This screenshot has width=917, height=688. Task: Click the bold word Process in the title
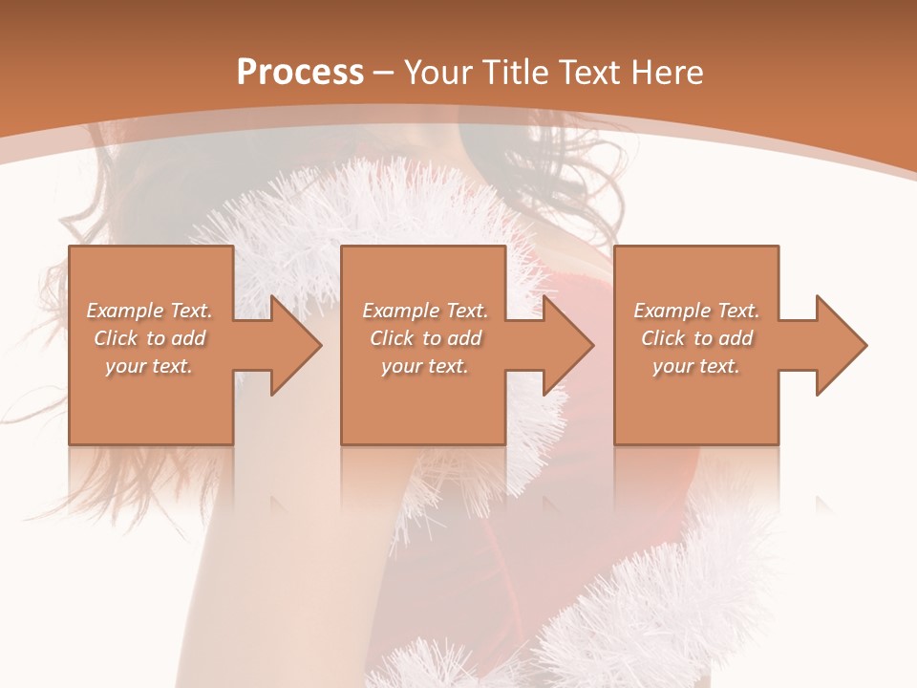pos(300,73)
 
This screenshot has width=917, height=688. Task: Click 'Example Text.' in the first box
pos(150,311)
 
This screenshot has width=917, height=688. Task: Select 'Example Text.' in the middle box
pos(425,311)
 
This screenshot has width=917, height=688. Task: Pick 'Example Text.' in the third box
pos(696,311)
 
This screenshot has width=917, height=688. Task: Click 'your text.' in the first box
pos(149,366)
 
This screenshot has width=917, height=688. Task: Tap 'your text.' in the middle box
pos(425,366)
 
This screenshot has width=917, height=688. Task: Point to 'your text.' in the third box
pos(696,366)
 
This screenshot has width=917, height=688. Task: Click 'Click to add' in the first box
pos(150,338)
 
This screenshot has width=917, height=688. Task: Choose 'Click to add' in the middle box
pos(425,338)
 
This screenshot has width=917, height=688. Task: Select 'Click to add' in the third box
pos(696,338)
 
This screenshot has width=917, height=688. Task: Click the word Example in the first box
pos(124,311)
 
